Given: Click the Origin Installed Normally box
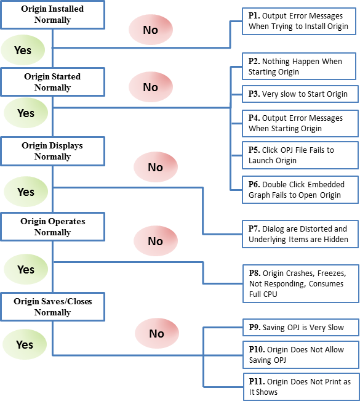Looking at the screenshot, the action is [53, 15].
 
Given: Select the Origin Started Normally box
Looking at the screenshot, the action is [53, 82].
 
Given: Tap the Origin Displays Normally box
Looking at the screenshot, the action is [53, 151].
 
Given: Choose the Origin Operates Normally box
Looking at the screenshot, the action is [53, 227].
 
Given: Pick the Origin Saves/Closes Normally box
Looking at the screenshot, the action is [53, 307].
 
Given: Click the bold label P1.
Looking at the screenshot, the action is [254, 15].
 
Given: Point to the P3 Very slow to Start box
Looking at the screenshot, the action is [300, 94].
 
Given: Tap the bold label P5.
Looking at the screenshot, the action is [254, 150].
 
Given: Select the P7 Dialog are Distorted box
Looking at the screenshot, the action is [300, 234].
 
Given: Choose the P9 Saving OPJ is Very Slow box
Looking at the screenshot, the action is [301, 327].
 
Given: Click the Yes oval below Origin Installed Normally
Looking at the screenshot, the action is [23, 50].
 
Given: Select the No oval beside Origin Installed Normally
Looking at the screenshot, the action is [151, 30].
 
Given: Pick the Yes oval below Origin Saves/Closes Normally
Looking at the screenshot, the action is [25, 344].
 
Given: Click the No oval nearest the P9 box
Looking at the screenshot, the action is [157, 333].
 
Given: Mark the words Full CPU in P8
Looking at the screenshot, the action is [263, 294].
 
